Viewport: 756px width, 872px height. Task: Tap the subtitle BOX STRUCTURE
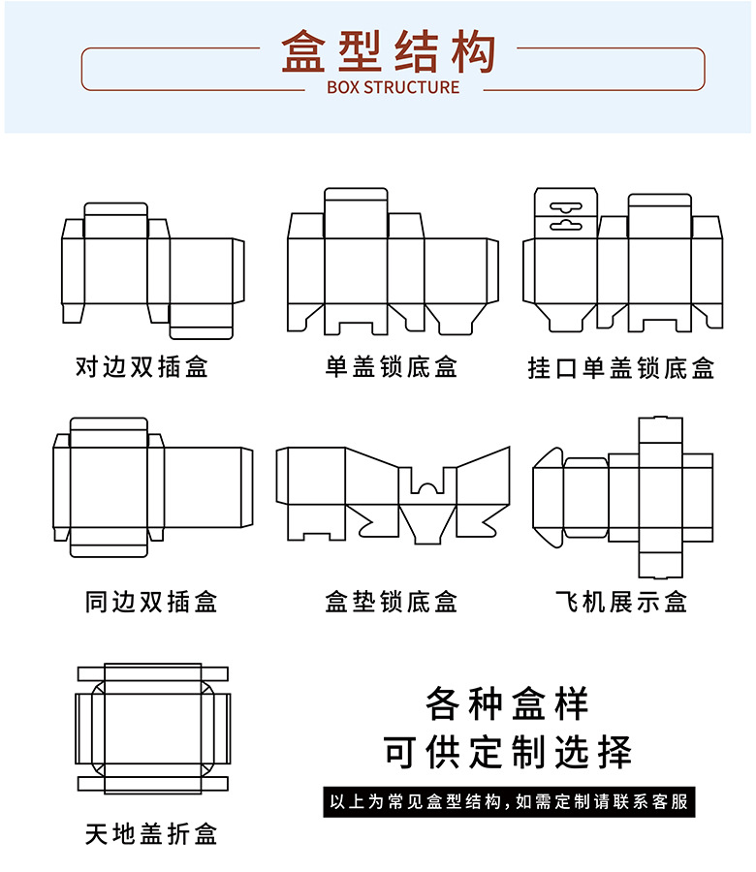coord(393,87)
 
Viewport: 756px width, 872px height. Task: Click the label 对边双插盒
coord(142,366)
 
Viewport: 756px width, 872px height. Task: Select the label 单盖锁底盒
coord(392,366)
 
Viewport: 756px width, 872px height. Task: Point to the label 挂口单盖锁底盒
coord(621,367)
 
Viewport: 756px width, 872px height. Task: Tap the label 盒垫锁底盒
coord(392,602)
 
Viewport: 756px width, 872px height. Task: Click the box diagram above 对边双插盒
coord(152,270)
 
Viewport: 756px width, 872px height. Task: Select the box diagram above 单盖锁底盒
coord(393,262)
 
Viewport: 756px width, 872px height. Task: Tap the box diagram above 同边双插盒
coord(152,487)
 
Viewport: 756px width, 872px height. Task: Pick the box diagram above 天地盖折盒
coord(152,730)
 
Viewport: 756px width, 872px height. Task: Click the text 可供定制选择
coord(506,752)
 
